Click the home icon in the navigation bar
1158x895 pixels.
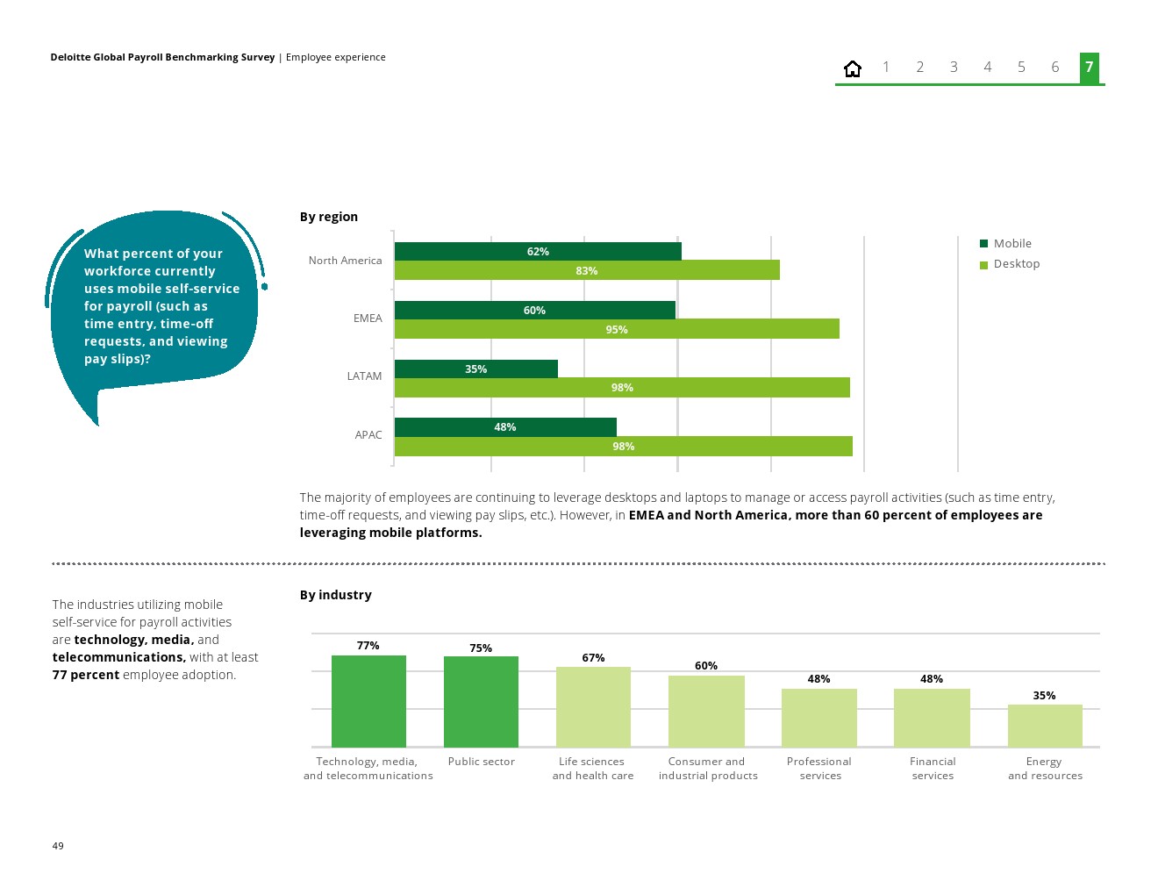coord(852,68)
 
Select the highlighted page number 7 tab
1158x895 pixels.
coord(1089,68)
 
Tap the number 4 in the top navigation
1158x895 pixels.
coord(987,68)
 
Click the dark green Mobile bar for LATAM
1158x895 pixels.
coord(475,369)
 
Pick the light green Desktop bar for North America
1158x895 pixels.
coord(586,270)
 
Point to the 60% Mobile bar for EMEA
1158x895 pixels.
coord(534,310)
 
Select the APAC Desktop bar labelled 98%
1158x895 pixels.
coord(623,446)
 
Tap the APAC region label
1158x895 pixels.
coord(368,435)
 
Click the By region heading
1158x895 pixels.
coord(329,217)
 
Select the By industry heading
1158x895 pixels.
coord(336,595)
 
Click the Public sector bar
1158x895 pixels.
coord(481,701)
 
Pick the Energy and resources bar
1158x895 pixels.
coord(1045,726)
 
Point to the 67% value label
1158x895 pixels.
coord(593,658)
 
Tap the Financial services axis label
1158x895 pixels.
coord(933,769)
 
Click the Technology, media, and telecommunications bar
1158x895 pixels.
coord(368,701)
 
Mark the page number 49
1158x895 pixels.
coord(58,846)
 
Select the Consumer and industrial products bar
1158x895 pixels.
coord(706,711)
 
